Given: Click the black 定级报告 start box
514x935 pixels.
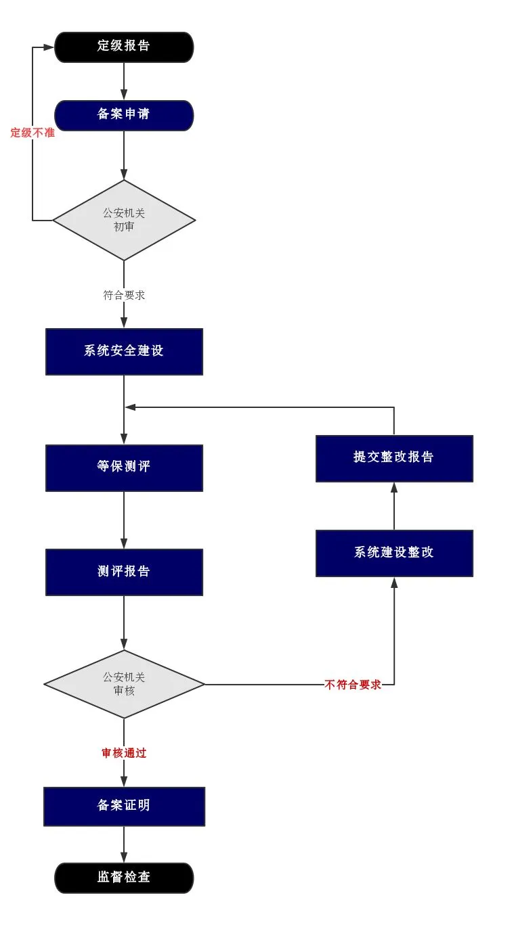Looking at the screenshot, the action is (124, 47).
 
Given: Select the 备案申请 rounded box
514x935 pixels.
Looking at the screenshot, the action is (124, 115).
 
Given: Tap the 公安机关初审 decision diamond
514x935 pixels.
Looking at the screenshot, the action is (124, 220).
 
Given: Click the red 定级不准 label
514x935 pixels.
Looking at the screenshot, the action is (33, 133).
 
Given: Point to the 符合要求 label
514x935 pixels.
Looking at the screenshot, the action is (124, 295).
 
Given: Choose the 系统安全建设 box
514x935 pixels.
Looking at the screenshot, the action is (124, 351).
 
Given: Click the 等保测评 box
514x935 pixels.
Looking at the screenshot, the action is (124, 468).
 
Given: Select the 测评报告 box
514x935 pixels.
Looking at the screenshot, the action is (124, 572).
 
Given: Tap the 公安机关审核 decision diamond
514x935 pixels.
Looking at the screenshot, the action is (124, 684).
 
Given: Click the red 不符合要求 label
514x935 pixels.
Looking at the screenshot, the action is (353, 685).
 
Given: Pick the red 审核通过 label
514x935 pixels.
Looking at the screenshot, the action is (124, 752).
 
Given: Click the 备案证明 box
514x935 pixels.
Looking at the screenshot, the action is (124, 806).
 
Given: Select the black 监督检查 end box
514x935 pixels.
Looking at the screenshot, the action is (124, 877).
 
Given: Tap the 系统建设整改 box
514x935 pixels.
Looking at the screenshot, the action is (395, 553).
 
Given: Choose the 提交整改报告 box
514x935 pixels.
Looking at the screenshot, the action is (395, 458).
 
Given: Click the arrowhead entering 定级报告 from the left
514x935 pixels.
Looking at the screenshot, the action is (49, 47).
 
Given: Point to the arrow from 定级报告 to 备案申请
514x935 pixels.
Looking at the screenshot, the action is (124, 81).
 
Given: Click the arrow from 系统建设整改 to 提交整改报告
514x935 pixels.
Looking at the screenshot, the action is (394, 506).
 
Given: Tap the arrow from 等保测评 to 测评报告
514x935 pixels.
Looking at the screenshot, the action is (124, 520).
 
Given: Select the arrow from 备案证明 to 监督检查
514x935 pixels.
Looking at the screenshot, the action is (124, 844).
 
